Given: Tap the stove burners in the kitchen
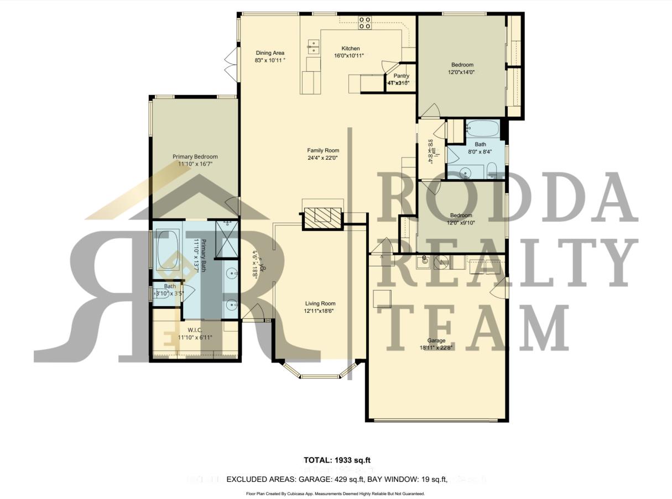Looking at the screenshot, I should pyautogui.click(x=365, y=22).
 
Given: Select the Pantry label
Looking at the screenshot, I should pyautogui.click(x=401, y=76).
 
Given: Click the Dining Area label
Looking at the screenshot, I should pyautogui.click(x=270, y=53).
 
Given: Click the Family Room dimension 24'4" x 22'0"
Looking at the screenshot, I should pyautogui.click(x=323, y=157).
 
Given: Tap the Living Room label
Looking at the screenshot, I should pyautogui.click(x=320, y=303).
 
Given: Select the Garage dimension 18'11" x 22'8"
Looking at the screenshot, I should pyautogui.click(x=436, y=348).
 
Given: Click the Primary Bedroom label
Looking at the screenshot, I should pyautogui.click(x=195, y=156).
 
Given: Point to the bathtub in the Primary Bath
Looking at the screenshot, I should pyautogui.click(x=167, y=250).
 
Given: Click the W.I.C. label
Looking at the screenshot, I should pyautogui.click(x=194, y=330).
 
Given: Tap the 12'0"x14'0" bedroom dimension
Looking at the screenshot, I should pyautogui.click(x=461, y=72).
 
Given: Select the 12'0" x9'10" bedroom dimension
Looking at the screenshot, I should pyautogui.click(x=461, y=222).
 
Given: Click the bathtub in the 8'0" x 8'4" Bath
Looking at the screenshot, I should pyautogui.click(x=482, y=129).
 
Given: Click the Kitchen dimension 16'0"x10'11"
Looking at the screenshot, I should pyautogui.click(x=349, y=55).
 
